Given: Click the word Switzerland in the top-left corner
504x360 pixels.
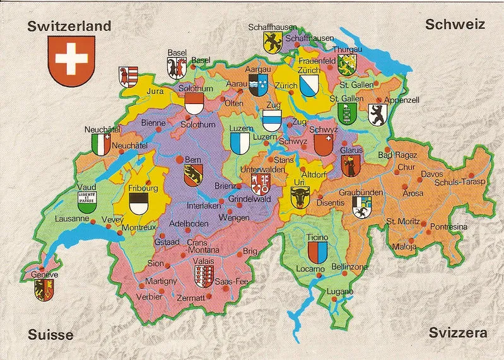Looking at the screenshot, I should [x=69, y=26].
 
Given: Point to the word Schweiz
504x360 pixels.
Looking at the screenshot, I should [x=454, y=25].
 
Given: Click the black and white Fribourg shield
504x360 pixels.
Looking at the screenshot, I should [x=139, y=204].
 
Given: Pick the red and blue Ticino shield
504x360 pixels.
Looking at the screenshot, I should [x=315, y=253].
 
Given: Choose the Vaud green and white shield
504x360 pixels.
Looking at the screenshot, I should [x=87, y=202].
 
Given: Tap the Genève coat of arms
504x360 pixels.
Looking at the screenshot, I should [x=44, y=290].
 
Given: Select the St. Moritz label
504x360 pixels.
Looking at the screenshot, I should [x=403, y=221].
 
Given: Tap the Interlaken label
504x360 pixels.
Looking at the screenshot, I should [x=204, y=206].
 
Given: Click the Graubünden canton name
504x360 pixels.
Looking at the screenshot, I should [x=361, y=192].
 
